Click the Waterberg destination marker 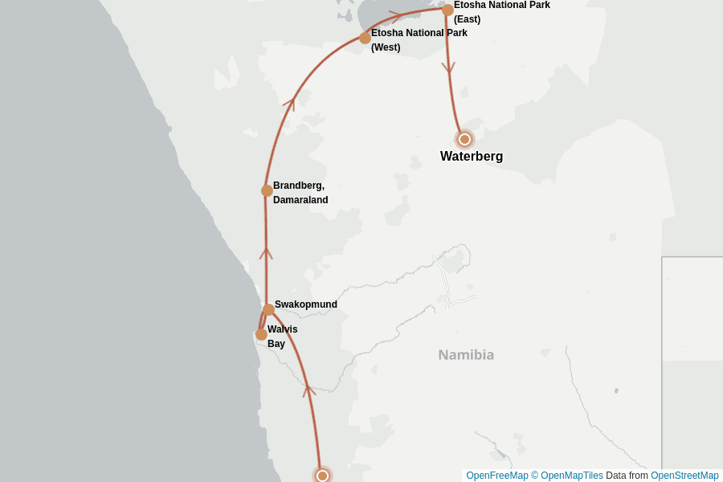tap(464, 139)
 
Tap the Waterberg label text tap(472, 157)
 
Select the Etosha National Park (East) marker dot tap(447, 10)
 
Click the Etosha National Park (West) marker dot tap(365, 38)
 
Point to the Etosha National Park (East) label tap(501, 11)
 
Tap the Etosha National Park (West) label tap(419, 40)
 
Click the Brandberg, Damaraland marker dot tap(267, 190)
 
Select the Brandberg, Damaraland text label tap(300, 193)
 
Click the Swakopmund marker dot tap(268, 309)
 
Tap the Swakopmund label tap(305, 304)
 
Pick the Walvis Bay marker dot tap(261, 334)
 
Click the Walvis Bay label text tap(282, 336)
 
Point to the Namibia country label tap(466, 354)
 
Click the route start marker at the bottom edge tap(322, 476)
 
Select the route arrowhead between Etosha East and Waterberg tap(448, 69)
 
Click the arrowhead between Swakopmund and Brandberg tap(266, 253)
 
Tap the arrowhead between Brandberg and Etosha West tap(290, 102)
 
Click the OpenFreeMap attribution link tap(496, 476)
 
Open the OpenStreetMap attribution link tap(684, 476)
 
